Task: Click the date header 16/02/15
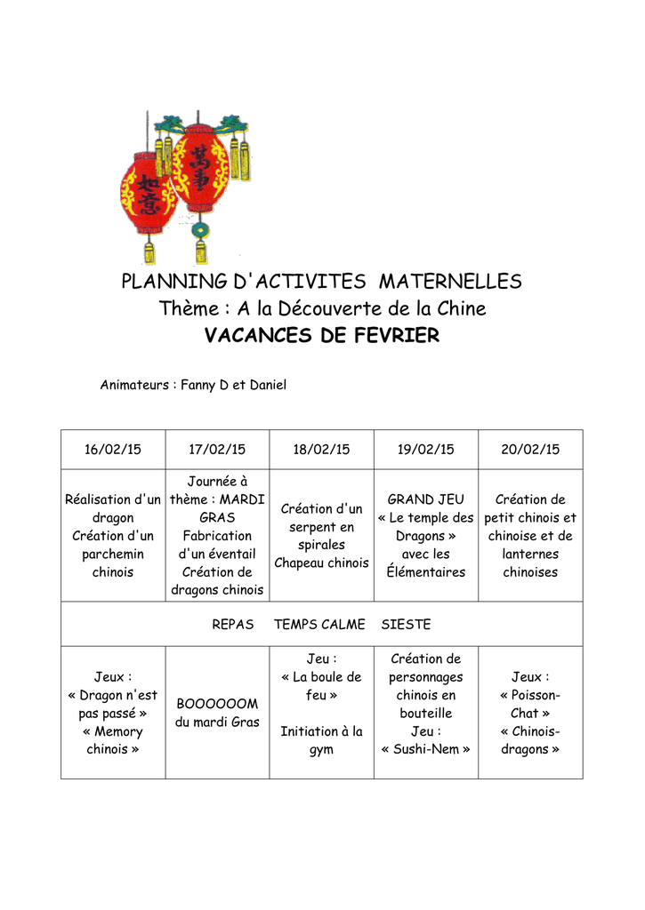112,450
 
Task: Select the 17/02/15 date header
217,450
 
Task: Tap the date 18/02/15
321,450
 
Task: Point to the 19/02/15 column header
425,450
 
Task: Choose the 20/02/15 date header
530,450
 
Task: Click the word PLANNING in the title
173,282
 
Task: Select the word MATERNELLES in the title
450,282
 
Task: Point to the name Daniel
268,386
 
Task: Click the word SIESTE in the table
406,625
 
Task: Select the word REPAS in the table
232,625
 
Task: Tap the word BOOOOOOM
217,704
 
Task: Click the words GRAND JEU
425,499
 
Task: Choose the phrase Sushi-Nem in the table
425,749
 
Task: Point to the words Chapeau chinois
321,563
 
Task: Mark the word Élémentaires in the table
425,572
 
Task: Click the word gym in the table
321,749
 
